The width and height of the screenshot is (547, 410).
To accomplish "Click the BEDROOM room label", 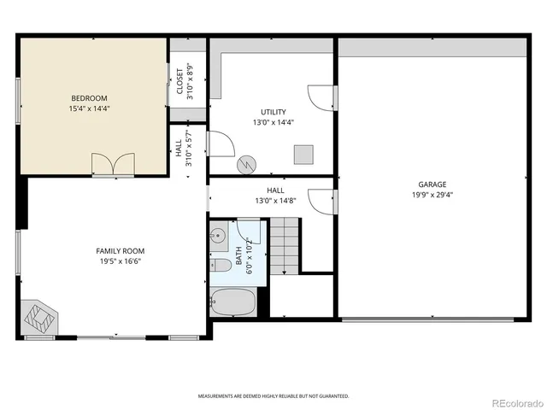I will click(89, 98).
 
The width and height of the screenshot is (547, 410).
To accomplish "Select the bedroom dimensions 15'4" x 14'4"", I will click(89, 108).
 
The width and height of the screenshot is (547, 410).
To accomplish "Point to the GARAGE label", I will click(432, 184).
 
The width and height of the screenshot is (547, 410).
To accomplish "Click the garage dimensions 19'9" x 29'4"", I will click(432, 194).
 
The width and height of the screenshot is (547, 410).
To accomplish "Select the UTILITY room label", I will click(273, 112).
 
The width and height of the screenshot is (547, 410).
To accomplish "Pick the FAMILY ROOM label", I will click(120, 250).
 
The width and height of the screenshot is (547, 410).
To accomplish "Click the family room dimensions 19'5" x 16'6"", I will click(120, 261).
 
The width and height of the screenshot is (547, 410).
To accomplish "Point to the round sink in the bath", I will click(217, 233).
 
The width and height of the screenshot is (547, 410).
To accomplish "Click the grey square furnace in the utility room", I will click(304, 154).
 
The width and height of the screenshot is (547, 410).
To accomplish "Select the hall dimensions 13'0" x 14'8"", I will click(274, 201).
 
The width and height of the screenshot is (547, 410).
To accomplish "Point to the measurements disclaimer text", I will click(273, 396).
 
